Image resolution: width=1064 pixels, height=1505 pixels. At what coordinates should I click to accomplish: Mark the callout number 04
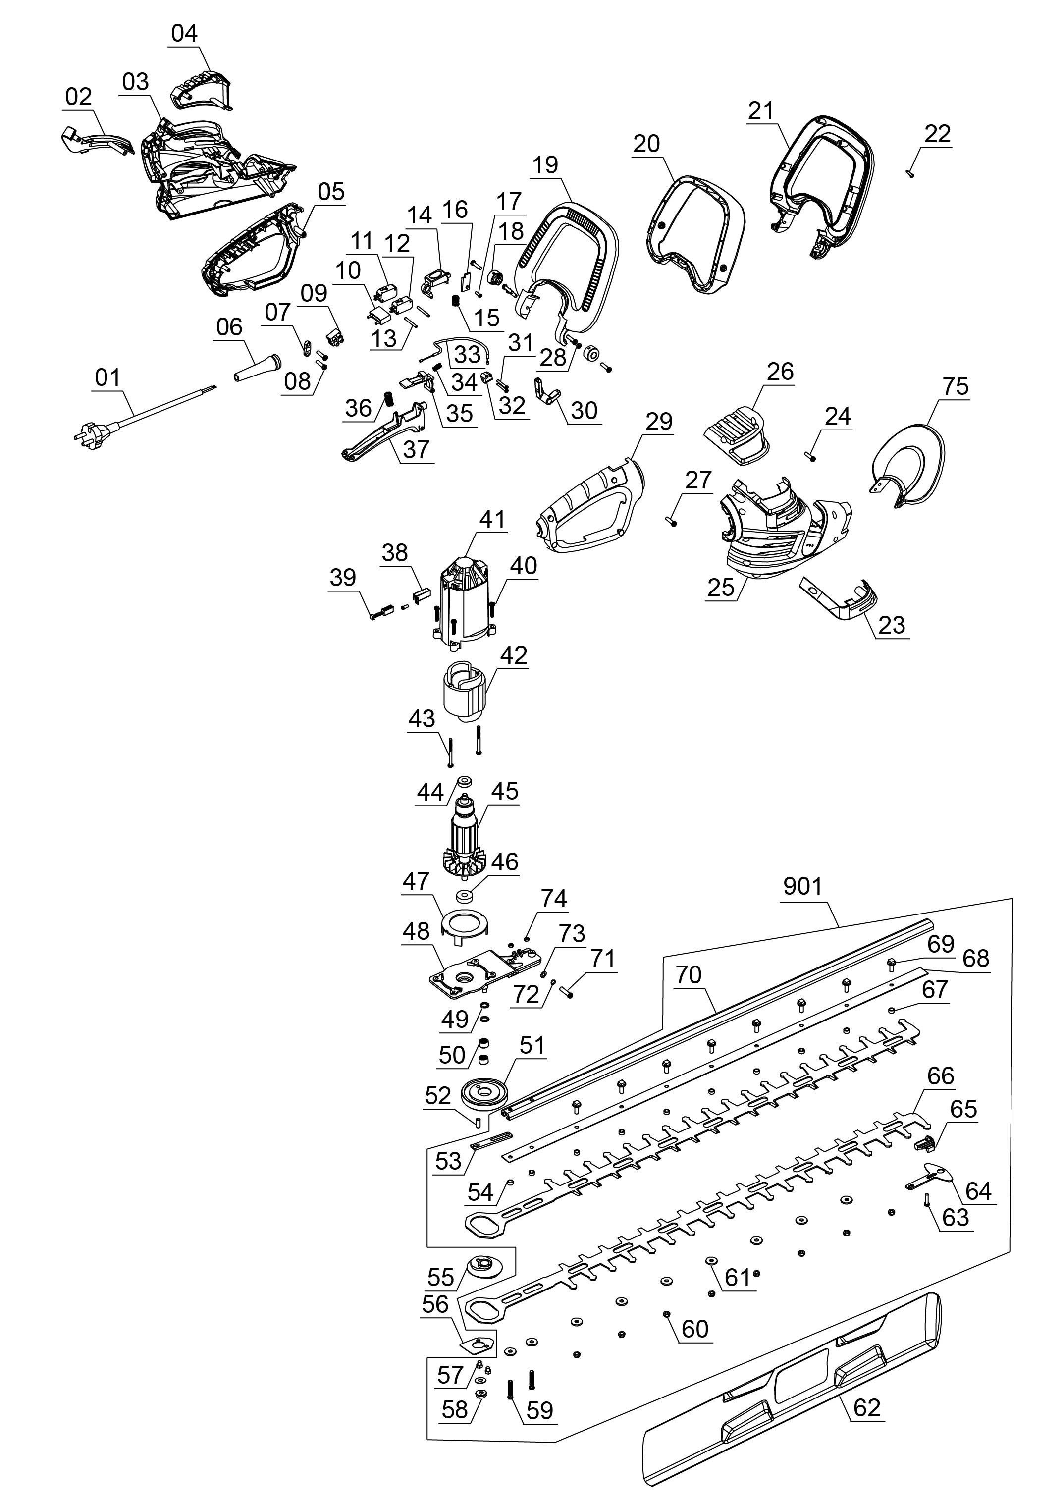[184, 33]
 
